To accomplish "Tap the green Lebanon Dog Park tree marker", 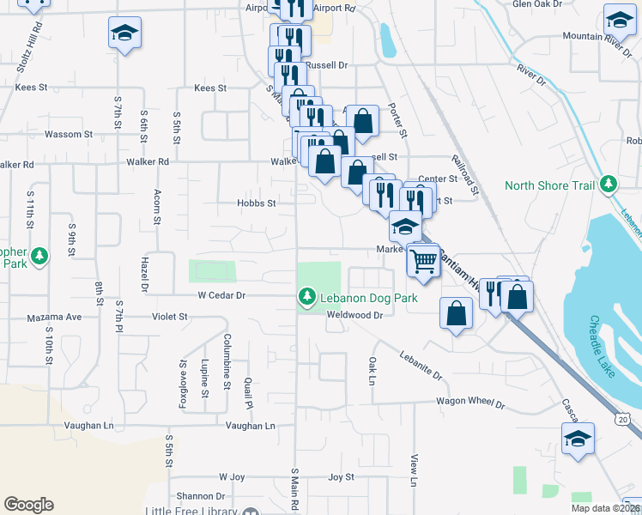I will [x=306, y=297].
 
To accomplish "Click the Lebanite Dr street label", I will [x=420, y=365].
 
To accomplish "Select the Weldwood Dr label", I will [x=353, y=314].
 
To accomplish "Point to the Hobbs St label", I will [x=257, y=203].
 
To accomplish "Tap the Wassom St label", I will [x=68, y=135].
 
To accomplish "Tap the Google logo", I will [x=28, y=505].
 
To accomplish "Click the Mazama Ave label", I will [x=54, y=317].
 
